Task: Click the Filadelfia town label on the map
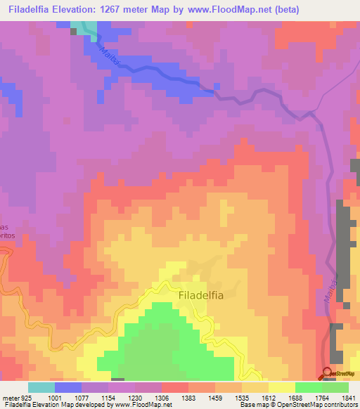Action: tap(201, 296)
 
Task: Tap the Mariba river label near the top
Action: tap(110, 57)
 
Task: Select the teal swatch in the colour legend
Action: tap(41, 387)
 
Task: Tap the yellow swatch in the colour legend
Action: tap(282, 387)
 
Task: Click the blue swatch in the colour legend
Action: tap(68, 387)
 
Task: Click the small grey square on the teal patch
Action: tap(75, 31)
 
